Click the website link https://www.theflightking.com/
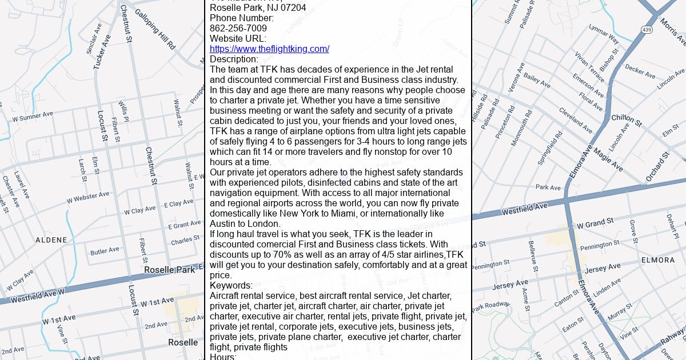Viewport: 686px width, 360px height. pyautogui.click(x=269, y=49)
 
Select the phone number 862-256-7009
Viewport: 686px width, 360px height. pyautogui.click(x=238, y=29)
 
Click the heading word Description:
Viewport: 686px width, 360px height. pyautogui.click(x=234, y=59)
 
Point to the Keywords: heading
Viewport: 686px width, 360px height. pyautogui.click(x=231, y=286)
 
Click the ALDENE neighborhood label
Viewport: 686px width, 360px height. pyautogui.click(x=51, y=240)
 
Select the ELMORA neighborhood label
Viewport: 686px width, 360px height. pyautogui.click(x=657, y=260)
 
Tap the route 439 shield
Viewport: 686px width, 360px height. pyautogui.click(x=647, y=30)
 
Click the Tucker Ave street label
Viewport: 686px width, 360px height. pyautogui.click(x=102, y=52)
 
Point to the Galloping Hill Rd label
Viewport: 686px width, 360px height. pyautogui.click(x=155, y=25)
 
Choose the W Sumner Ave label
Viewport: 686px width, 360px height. pyautogui.click(x=33, y=117)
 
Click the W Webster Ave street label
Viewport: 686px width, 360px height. pyautogui.click(x=87, y=198)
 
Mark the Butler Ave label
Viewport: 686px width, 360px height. pyautogui.click(x=105, y=251)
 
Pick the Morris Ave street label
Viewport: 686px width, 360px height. pyautogui.click(x=672, y=31)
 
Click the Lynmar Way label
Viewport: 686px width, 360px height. pyautogui.click(x=604, y=34)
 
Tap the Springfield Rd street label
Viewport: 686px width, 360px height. pyautogui.click(x=551, y=147)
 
